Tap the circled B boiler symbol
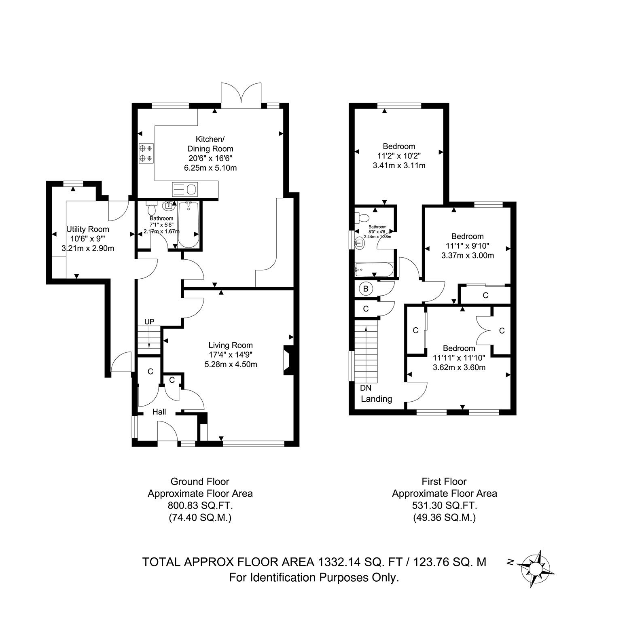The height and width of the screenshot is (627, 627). tap(366, 289)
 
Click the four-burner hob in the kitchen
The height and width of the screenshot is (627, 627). tap(146, 153)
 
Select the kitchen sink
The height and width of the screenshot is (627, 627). tap(184, 189)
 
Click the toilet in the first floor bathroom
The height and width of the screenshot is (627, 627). tap(362, 218)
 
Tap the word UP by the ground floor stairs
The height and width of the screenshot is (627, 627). tap(150, 322)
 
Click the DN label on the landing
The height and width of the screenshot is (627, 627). tap(366, 388)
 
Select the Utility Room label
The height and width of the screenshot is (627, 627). tap(88, 229)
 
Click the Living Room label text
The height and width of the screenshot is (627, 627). tap(231, 345)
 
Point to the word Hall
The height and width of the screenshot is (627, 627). tap(159, 412)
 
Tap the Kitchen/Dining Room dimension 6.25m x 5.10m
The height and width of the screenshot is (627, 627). tap(210, 167)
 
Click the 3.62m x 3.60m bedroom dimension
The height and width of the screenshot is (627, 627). tap(459, 367)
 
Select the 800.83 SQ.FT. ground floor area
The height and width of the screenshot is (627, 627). tap(200, 506)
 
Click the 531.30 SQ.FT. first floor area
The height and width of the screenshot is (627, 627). tap(445, 505)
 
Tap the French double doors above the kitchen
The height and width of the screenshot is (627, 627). tap(241, 95)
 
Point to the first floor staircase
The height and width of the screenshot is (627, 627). tap(366, 350)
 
